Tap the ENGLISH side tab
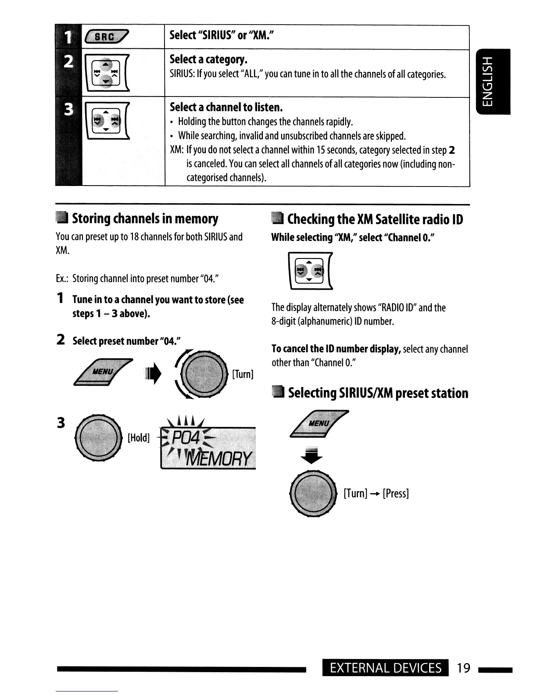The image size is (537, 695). point(493,82)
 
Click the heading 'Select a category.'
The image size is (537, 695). point(209,59)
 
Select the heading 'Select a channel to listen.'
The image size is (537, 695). point(226,107)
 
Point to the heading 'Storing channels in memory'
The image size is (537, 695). point(145,218)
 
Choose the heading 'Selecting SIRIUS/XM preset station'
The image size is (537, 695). point(378,393)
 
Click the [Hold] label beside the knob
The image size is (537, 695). point(139,438)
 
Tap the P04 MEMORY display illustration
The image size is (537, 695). point(208,447)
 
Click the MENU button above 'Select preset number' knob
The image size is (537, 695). point(104,373)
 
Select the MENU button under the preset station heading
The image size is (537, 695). point(319,423)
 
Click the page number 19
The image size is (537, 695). point(463,668)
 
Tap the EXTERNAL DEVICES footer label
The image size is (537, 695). point(386,668)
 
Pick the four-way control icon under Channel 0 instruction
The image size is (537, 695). point(311,271)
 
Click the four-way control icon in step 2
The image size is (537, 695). point(107,72)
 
